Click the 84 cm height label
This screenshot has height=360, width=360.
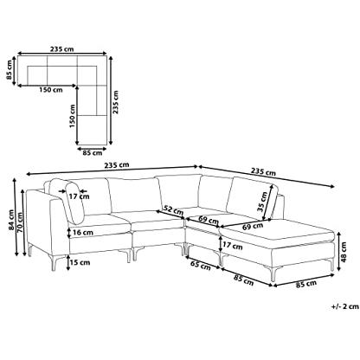click(11, 220)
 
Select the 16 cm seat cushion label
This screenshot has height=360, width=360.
click(82, 232)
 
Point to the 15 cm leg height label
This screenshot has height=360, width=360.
click(80, 262)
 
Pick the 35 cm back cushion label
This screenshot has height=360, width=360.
click(262, 202)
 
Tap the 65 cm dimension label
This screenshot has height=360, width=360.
click(200, 265)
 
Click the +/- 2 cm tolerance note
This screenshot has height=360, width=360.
click(345, 306)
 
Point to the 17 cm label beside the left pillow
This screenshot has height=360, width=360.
click(79, 196)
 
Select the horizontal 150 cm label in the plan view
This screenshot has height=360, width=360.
click(51, 90)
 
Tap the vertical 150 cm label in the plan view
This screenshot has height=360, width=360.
click(72, 116)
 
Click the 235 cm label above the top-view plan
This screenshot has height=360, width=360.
click(62, 49)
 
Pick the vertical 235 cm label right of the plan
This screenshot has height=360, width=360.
click(115, 102)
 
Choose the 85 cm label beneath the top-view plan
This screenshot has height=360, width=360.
click(93, 153)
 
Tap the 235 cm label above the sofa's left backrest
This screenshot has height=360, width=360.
click(117, 165)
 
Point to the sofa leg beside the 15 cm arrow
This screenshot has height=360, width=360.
click(54, 263)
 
